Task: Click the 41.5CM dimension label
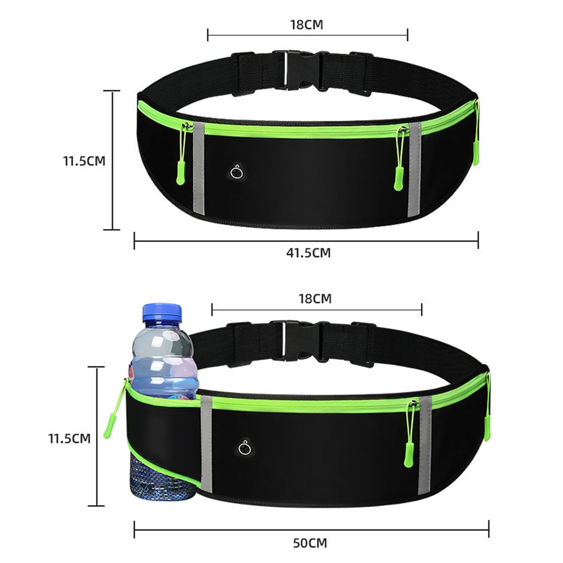(308, 252)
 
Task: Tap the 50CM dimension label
(310, 543)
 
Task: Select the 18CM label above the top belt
(306, 25)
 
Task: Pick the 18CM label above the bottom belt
(315, 298)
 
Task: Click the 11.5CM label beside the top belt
(84, 161)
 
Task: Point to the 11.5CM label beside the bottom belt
(69, 439)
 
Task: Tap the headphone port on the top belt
(236, 173)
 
